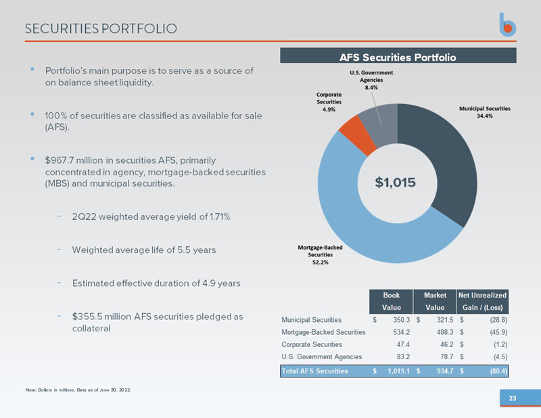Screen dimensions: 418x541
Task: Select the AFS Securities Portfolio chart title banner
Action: coord(398,56)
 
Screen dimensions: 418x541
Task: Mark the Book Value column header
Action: coord(391,302)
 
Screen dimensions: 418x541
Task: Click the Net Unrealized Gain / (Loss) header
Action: coord(483,302)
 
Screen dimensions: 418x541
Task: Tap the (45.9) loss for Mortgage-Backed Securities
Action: coord(498,331)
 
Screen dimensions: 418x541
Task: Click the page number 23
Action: coord(513,399)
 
